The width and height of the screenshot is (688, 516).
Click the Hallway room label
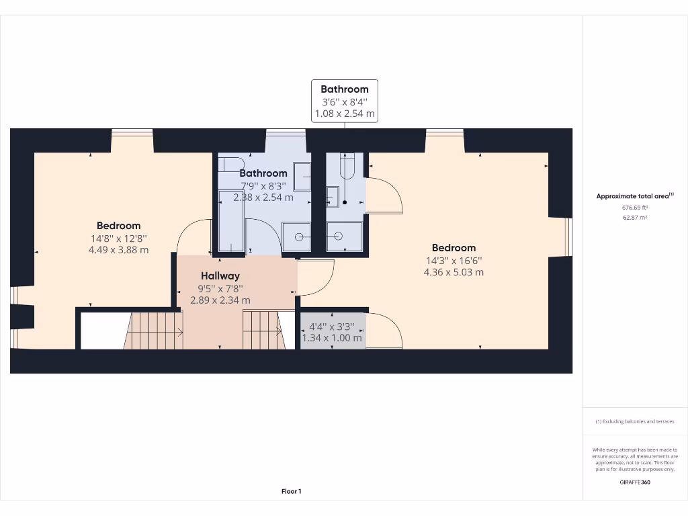pos(220,276)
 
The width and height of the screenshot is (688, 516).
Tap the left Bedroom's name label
pos(118,226)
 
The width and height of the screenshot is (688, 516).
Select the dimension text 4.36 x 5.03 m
pos(454,272)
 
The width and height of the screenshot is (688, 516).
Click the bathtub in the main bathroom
pos(231,220)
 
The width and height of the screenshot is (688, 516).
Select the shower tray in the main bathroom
pos(296,236)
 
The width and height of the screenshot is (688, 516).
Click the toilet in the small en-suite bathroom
pos(347,168)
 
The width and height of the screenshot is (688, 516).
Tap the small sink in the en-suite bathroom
pos(333,197)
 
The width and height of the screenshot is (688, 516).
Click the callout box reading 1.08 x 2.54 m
pos(345,114)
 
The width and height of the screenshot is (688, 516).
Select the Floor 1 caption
pos(291,492)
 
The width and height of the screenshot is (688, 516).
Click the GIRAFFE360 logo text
pos(635,482)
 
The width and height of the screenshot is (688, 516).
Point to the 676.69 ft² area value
pos(634,208)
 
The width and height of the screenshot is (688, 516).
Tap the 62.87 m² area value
pos(634,218)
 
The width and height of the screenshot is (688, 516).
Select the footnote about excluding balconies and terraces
pos(635,421)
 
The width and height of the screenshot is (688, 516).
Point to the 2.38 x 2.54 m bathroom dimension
pos(263,198)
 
